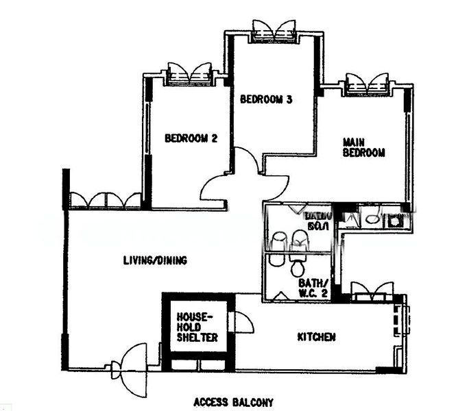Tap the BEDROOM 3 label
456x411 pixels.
[x=266, y=99]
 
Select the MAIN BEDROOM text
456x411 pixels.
[x=363, y=148]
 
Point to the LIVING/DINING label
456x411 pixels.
[x=155, y=260]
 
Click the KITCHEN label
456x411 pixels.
[x=316, y=337]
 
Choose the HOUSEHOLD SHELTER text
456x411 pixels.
[x=197, y=327]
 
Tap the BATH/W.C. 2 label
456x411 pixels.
[x=313, y=288]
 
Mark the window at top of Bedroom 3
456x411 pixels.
[x=273, y=31]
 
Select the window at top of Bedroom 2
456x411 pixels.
[x=190, y=73]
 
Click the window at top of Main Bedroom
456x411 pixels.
[x=368, y=83]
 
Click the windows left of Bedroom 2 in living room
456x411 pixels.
[x=106, y=200]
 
